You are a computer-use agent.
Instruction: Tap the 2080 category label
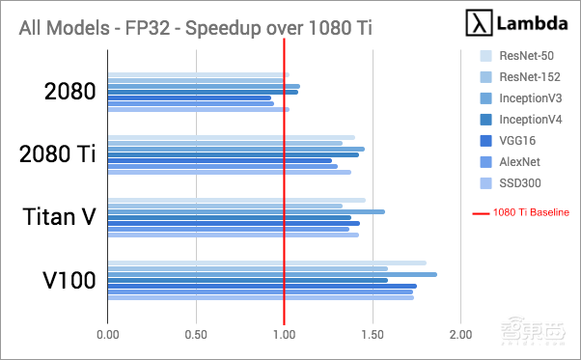click(69, 92)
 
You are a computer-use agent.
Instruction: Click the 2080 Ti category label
click(59, 154)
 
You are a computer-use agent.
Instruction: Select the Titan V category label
click(59, 217)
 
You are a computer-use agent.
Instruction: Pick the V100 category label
click(69, 281)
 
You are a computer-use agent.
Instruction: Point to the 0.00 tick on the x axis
click(108, 335)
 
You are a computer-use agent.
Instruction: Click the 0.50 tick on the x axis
click(196, 335)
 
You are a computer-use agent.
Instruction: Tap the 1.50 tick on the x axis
click(373, 335)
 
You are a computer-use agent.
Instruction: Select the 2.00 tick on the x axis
click(460, 335)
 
